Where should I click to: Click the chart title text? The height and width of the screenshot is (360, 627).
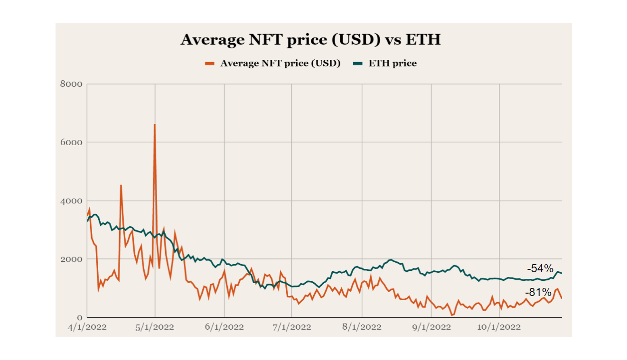(x=310, y=39)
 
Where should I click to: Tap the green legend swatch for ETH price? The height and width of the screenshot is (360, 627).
(x=358, y=63)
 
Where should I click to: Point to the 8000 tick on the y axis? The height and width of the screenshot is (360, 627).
(x=71, y=84)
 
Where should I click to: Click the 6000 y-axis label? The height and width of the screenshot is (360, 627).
(x=71, y=142)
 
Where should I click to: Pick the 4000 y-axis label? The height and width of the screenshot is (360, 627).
(x=71, y=201)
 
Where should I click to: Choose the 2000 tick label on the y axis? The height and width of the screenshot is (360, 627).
(x=71, y=259)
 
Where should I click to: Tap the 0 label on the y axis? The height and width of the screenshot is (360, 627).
(x=79, y=317)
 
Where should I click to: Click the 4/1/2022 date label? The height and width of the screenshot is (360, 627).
(x=88, y=327)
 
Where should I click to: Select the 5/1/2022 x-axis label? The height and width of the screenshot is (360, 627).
(x=155, y=327)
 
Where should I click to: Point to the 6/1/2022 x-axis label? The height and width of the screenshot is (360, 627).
(x=225, y=327)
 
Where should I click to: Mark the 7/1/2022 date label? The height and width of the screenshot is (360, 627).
(x=292, y=327)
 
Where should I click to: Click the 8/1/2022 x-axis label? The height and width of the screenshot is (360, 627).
(x=362, y=327)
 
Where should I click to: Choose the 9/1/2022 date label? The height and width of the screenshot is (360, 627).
(x=431, y=327)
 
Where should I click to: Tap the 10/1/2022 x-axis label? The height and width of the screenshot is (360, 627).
(x=499, y=327)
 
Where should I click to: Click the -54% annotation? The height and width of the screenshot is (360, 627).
(x=540, y=268)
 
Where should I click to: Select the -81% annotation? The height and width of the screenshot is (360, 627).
(x=538, y=292)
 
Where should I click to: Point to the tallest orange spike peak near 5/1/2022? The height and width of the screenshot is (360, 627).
(x=155, y=125)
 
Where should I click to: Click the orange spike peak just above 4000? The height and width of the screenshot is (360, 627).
(x=121, y=185)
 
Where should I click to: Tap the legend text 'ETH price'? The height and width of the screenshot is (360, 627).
(x=393, y=63)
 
